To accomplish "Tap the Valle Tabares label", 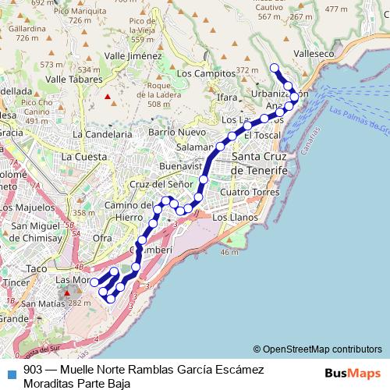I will pos(75,79).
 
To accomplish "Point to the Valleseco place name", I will pos(315,54).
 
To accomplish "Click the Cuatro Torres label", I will pos(250,192).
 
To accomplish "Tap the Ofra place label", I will pos(101,237).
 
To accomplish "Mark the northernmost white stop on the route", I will pos(274,68).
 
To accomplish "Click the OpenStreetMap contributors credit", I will pos(317,349).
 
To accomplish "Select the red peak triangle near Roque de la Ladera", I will pos(108,97).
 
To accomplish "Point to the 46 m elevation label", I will pos(229,253).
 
